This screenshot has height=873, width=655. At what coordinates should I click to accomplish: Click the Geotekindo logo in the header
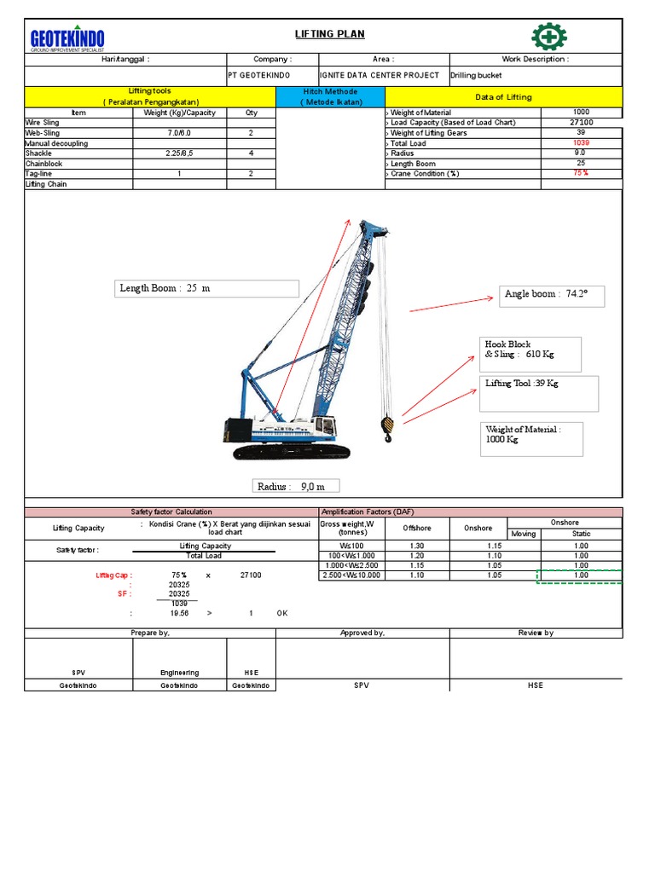(67, 38)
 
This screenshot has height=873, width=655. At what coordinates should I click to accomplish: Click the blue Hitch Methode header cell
(331, 96)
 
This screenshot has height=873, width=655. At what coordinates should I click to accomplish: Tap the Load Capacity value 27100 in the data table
(581, 123)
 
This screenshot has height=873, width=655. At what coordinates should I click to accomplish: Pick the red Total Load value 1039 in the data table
(581, 143)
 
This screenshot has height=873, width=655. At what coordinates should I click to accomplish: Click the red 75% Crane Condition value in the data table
(581, 173)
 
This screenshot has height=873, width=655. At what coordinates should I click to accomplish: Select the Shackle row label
(39, 153)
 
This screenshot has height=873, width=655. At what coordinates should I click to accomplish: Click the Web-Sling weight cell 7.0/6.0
(179, 133)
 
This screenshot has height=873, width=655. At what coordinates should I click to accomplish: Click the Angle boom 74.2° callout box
(552, 294)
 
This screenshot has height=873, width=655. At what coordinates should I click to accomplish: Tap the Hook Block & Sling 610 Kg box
(532, 354)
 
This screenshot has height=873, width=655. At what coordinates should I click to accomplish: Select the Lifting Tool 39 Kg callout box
(539, 392)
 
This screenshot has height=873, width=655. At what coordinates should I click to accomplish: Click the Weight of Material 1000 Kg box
(532, 438)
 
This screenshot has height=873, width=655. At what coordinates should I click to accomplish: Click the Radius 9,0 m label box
(297, 486)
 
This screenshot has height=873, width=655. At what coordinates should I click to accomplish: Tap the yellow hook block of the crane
(387, 425)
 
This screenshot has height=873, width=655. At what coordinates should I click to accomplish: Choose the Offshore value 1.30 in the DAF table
(416, 546)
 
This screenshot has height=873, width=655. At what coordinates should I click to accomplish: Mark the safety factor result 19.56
(179, 613)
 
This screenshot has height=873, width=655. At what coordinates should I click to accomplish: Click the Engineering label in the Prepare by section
(179, 673)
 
